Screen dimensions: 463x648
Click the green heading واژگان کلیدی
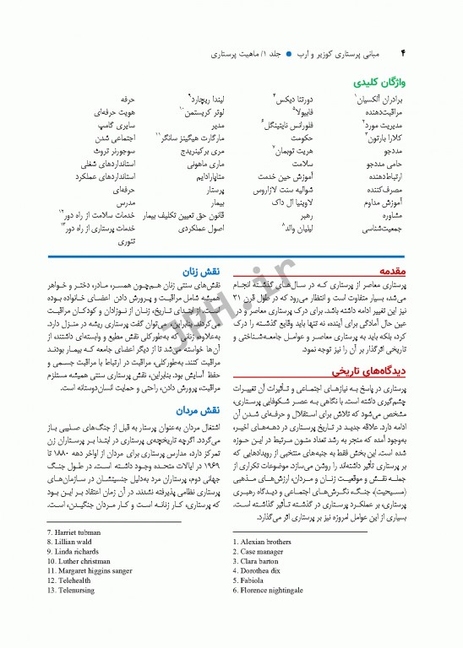[378, 84]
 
